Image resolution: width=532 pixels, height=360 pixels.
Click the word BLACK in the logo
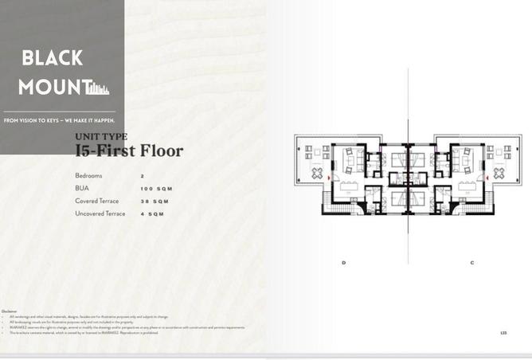(x=53, y=57)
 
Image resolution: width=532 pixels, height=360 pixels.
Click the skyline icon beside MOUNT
(x=100, y=88)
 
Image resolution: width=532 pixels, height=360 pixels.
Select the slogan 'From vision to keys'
(x=59, y=120)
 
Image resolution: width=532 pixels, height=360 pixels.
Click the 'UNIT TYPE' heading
(x=101, y=137)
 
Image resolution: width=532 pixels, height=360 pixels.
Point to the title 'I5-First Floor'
(x=129, y=151)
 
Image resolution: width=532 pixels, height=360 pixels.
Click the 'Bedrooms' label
(x=89, y=175)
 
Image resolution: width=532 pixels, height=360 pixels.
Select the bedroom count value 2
(x=142, y=175)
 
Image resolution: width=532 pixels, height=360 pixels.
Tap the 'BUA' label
(x=82, y=188)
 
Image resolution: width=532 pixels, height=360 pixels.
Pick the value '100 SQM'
(x=155, y=189)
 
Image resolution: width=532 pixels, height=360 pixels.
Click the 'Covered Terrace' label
(x=97, y=201)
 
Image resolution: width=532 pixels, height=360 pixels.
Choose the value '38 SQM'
(x=154, y=202)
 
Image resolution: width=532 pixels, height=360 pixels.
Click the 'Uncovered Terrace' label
(x=100, y=213)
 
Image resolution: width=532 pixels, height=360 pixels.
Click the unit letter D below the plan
(x=344, y=263)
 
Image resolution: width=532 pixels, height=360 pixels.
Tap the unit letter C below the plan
(x=472, y=263)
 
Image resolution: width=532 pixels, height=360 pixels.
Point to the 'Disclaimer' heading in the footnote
(x=9, y=311)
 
